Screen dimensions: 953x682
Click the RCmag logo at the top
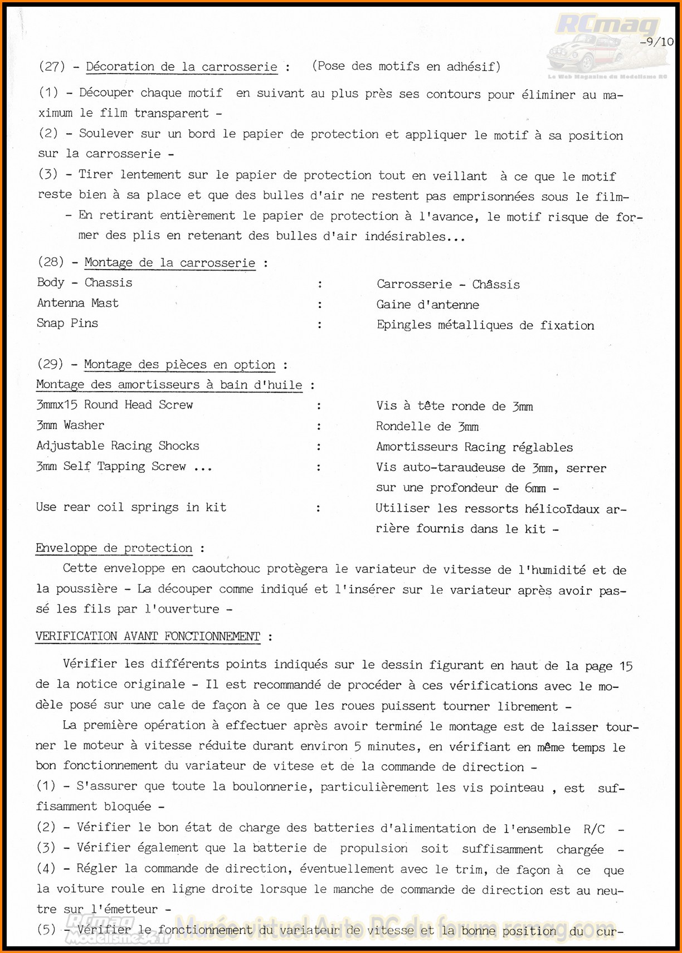point(607,25)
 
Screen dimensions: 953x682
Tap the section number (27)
point(52,66)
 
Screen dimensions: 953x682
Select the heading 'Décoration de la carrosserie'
point(182,67)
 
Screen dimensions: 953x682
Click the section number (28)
point(51,262)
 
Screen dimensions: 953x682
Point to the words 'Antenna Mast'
point(77,303)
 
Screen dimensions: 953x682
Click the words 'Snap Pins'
point(67,323)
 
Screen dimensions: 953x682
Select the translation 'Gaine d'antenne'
point(427,305)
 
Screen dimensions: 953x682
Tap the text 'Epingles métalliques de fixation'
point(485,325)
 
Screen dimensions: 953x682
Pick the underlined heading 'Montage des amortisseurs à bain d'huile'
point(169,385)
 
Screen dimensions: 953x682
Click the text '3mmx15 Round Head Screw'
point(114,405)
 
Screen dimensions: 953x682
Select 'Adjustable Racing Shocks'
point(118,446)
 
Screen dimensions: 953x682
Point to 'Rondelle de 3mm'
point(427,427)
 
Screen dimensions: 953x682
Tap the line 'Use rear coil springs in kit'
point(131,507)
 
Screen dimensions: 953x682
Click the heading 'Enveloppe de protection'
point(114,548)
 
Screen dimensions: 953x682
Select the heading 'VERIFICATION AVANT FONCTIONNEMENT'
point(148,637)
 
